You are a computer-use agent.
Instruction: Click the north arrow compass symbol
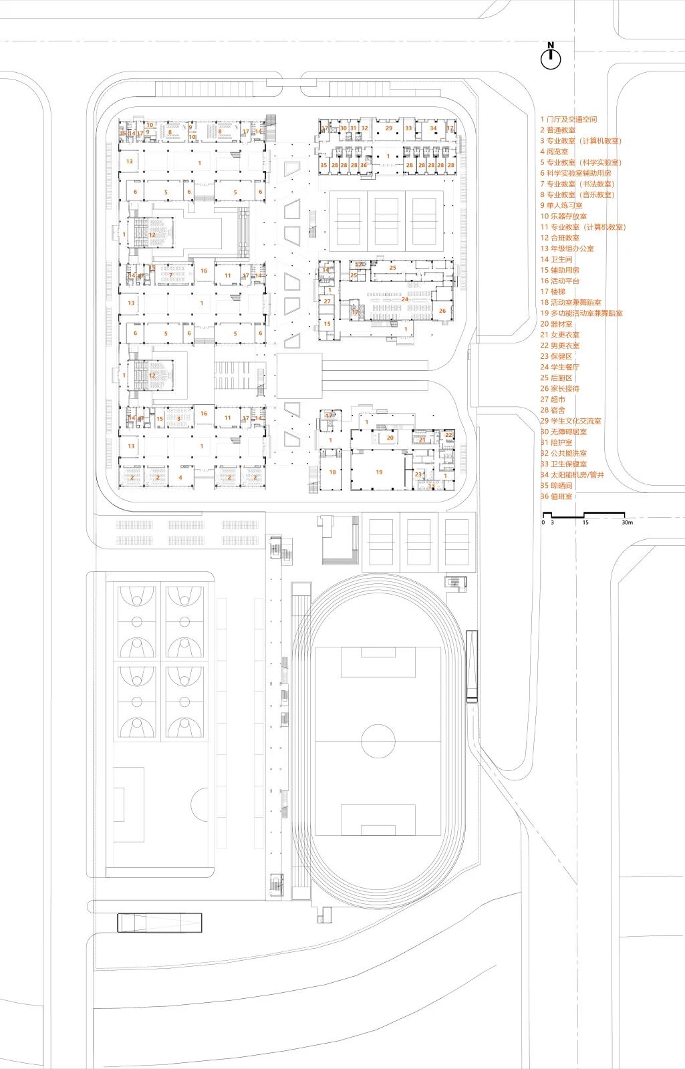tap(551, 59)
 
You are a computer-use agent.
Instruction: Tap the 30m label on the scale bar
tap(627, 522)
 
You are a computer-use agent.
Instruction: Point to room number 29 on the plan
tap(389, 128)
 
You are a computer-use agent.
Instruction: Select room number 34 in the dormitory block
tap(433, 128)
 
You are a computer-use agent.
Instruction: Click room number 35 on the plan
tap(323, 165)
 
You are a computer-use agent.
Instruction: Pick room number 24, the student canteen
tap(404, 299)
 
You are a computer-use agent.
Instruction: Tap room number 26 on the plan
tap(442, 311)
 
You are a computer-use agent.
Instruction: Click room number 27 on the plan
tap(327, 301)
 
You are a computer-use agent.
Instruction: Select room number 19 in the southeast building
tap(379, 472)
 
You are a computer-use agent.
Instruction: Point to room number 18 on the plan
tap(333, 472)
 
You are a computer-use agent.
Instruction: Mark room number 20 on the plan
tap(390, 438)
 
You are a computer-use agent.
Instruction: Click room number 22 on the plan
tap(448, 436)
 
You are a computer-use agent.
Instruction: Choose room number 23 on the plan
tap(418, 474)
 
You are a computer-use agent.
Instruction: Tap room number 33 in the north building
tap(408, 128)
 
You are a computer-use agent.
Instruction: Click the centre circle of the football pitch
tap(378, 740)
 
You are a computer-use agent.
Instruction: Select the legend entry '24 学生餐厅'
tap(560, 367)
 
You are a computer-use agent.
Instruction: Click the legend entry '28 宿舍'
tap(553, 410)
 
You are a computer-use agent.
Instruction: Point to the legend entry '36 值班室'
tap(557, 496)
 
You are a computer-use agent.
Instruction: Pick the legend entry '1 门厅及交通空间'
tap(569, 119)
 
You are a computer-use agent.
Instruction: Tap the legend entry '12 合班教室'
tap(560, 237)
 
